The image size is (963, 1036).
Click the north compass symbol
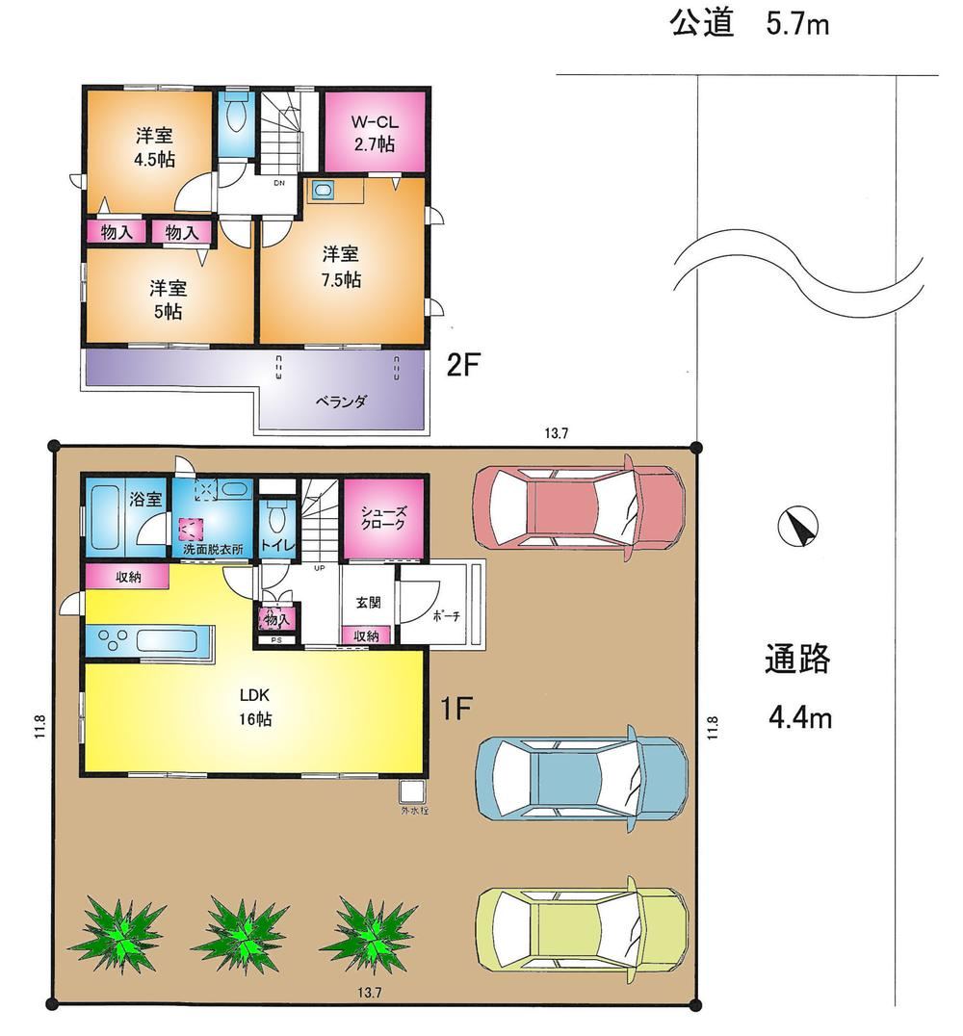click(799, 526)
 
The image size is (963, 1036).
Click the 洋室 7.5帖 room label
click(341, 267)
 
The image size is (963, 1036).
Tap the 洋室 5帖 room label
click(168, 298)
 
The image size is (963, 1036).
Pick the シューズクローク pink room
click(382, 518)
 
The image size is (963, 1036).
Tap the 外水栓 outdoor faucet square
click(411, 790)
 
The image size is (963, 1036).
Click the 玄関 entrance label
click(368, 603)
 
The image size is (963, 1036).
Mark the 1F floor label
click(455, 709)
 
